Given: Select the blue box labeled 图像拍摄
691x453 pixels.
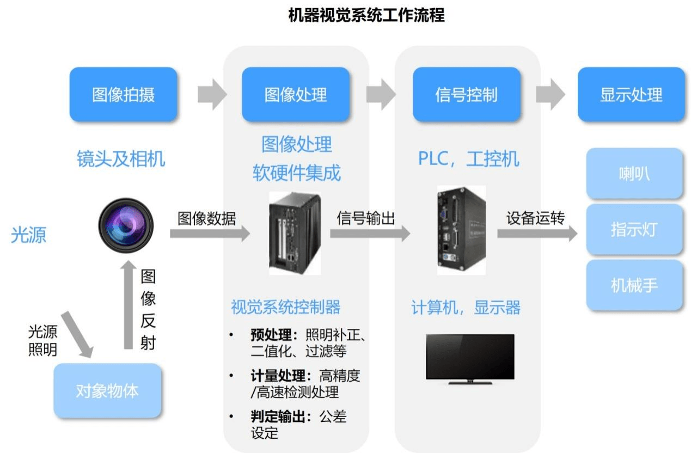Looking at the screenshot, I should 123,95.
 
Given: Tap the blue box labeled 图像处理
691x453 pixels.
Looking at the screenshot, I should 296,95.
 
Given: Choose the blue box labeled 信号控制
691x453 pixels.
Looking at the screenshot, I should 466,95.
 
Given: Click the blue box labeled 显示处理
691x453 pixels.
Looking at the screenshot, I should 631,95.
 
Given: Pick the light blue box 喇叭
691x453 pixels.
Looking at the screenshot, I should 634,174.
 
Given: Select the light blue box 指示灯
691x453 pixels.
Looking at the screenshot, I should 634,229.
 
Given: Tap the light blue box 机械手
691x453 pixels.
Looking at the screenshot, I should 634,285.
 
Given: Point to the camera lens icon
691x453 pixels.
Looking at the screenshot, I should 126,225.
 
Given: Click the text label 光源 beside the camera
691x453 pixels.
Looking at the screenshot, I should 29,235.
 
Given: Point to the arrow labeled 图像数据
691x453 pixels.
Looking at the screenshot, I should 210,234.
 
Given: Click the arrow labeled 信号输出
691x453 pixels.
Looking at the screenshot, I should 370,234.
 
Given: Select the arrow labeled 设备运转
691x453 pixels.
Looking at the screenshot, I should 537,234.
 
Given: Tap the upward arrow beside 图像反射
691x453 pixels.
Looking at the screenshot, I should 129,305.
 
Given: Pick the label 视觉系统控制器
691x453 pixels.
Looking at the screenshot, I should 286,307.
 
